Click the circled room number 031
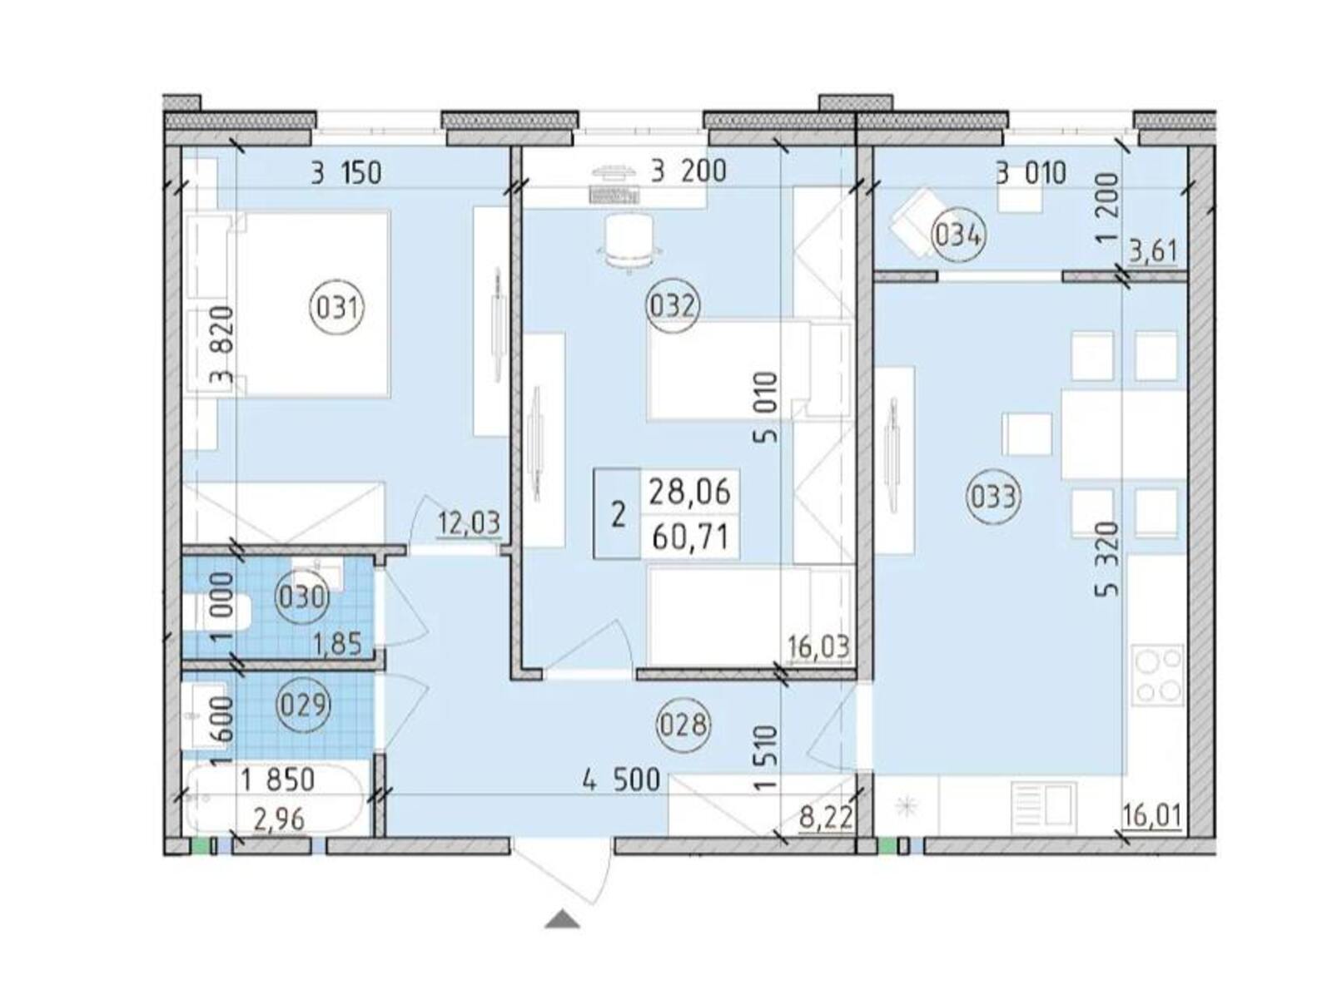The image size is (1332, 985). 336,309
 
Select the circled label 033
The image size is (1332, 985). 992,497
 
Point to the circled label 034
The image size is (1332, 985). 958,236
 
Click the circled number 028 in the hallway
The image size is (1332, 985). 683,725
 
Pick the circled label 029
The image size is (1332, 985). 303,704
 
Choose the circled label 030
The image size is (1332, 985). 301,598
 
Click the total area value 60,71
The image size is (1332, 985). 690,537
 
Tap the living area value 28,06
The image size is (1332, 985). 690,492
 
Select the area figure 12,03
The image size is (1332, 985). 469,523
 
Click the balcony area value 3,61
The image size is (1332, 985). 1153,250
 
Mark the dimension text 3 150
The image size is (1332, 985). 346,174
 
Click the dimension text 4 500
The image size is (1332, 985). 622,780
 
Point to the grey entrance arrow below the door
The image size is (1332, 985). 561,919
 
